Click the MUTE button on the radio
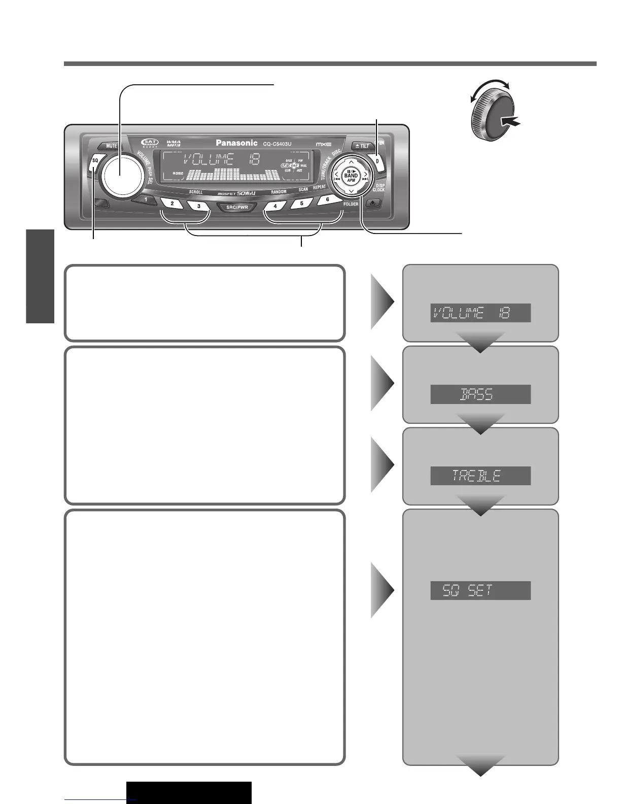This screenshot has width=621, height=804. pos(111,146)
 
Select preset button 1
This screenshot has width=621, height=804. pos(146,199)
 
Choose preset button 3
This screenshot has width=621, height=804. pos(198,206)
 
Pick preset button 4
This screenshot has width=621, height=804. pos(275,206)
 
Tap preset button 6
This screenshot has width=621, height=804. pos(328,199)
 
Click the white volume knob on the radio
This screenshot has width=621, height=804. pos(121,173)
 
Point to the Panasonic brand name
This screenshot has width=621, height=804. pos(236,143)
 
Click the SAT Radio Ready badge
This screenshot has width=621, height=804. pos(150,144)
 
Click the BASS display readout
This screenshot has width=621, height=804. pos(480,394)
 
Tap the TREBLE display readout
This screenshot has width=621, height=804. pos(480,476)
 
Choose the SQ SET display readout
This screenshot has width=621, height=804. pos(480,590)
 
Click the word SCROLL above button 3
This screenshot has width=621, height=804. pos(196,192)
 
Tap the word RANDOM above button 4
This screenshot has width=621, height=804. pos(279,192)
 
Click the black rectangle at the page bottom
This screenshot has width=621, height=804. pos(189,792)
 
